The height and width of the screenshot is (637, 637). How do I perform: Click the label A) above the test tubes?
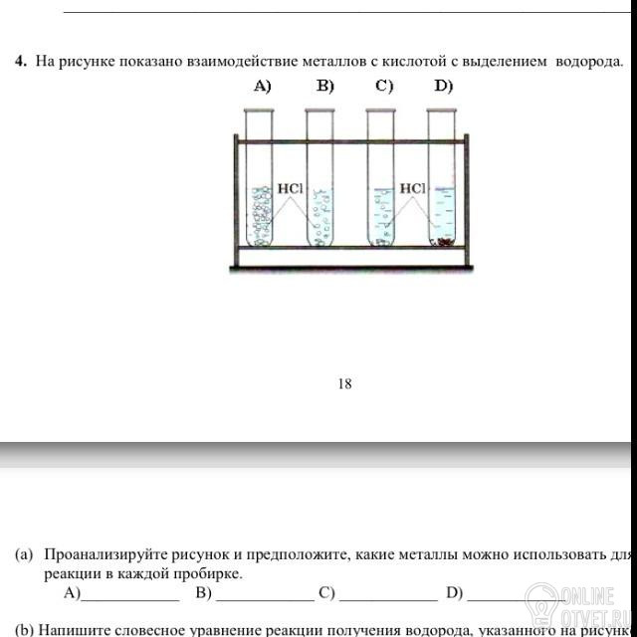coord(263,87)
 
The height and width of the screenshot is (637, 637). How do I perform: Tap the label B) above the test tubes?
coord(325,87)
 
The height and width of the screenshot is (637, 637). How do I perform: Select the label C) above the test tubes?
coord(384,87)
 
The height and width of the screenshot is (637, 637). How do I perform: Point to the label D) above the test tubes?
coord(444,87)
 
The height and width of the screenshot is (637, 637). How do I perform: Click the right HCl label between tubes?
coord(412,187)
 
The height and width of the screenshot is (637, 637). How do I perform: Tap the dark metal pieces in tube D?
coord(444,241)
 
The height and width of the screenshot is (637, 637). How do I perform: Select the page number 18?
coord(345,382)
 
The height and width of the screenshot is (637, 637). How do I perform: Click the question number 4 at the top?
coord(20,62)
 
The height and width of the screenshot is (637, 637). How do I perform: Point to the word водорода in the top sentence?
coord(589,62)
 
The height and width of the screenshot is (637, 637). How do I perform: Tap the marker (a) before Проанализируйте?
coord(24,555)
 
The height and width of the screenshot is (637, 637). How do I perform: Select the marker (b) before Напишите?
coord(24,629)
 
